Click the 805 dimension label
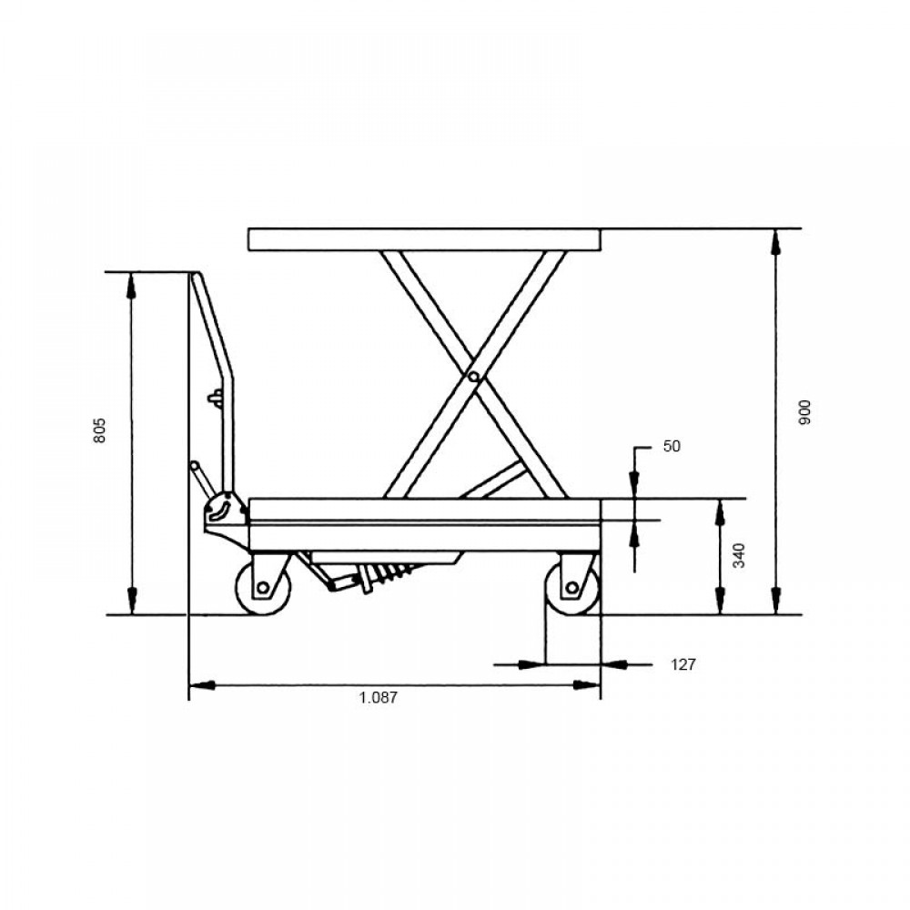(100, 430)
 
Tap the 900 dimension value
(804, 412)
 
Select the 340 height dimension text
(739, 555)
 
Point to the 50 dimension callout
(672, 446)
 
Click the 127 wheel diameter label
(683, 664)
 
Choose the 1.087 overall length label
(379, 697)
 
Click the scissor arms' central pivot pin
(473, 378)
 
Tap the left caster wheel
(262, 587)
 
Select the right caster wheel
(572, 587)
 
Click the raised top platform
(425, 239)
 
